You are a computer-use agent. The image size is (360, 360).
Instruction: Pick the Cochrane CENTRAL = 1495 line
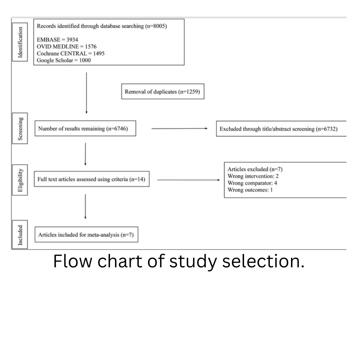(70, 53)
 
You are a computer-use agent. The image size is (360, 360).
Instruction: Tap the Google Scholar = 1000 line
(64, 60)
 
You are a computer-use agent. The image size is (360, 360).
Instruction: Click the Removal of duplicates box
(162, 92)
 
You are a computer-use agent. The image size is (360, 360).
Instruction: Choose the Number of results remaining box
(85, 129)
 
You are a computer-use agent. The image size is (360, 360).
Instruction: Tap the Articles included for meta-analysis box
(86, 235)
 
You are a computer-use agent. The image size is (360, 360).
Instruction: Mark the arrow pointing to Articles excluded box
(188, 180)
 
